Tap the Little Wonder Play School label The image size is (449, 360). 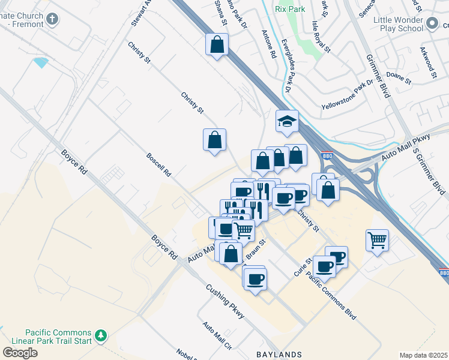399,24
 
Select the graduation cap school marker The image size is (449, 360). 287,122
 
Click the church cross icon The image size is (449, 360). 52,19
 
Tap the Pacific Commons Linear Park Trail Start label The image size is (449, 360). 58,337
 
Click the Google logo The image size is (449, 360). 19,353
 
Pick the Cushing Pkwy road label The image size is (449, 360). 225,301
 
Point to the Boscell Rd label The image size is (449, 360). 159,164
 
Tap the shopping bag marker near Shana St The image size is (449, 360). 217,44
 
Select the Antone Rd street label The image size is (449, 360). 268,44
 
